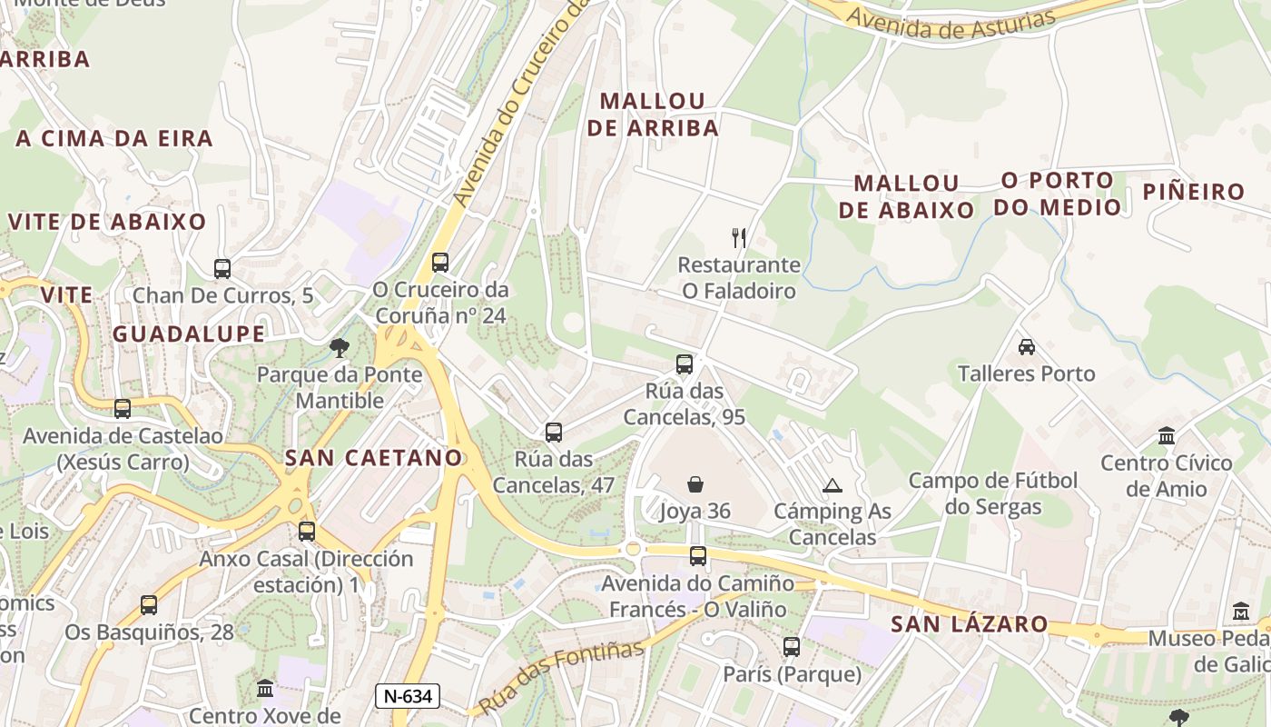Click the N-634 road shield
tap(408, 697)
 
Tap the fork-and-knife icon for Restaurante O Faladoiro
tap(739, 238)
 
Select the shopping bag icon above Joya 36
tap(695, 484)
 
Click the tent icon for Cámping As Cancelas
tap(833, 485)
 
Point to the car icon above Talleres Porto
tap(1027, 346)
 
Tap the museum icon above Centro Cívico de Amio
tap(1167, 436)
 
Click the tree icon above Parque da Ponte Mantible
tap(340, 347)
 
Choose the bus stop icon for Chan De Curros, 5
tap(222, 268)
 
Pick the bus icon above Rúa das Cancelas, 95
tap(685, 364)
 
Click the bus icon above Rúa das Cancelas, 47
tap(554, 433)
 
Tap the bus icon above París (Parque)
tap(792, 647)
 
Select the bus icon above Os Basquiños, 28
tap(149, 604)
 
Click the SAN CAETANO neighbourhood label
tap(374, 458)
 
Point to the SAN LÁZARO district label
tap(969, 625)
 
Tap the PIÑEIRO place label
tap(1193, 192)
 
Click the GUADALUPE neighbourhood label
tap(189, 334)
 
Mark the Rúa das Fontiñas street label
tap(560, 677)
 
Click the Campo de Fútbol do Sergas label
tap(993, 493)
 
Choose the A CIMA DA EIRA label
tap(114, 139)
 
